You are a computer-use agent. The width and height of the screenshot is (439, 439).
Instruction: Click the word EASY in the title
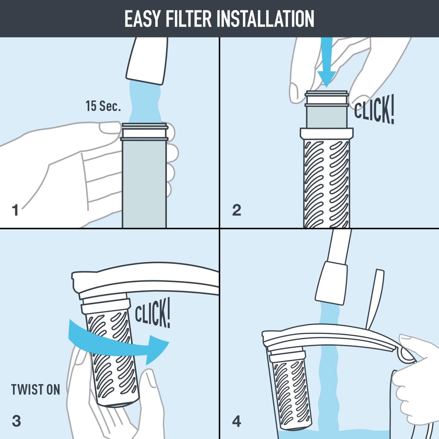pyautogui.click(x=142, y=19)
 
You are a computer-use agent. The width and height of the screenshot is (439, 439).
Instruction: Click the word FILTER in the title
pyautogui.click(x=188, y=19)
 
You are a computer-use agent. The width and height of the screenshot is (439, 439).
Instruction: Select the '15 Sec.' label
pyautogui.click(x=103, y=106)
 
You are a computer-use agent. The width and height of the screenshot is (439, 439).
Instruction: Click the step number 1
pyautogui.click(x=16, y=210)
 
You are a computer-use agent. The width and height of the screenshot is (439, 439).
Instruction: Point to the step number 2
pyautogui.click(x=236, y=210)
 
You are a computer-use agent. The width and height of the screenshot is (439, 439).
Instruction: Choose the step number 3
pyautogui.click(x=16, y=421)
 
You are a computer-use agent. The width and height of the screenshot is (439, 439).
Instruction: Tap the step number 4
pyautogui.click(x=236, y=421)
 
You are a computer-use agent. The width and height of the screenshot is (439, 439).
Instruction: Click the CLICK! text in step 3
pyautogui.click(x=152, y=313)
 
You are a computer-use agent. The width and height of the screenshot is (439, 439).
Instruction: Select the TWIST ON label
pyautogui.click(x=35, y=390)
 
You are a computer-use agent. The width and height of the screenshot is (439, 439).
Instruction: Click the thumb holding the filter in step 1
pyautogui.click(x=110, y=128)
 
